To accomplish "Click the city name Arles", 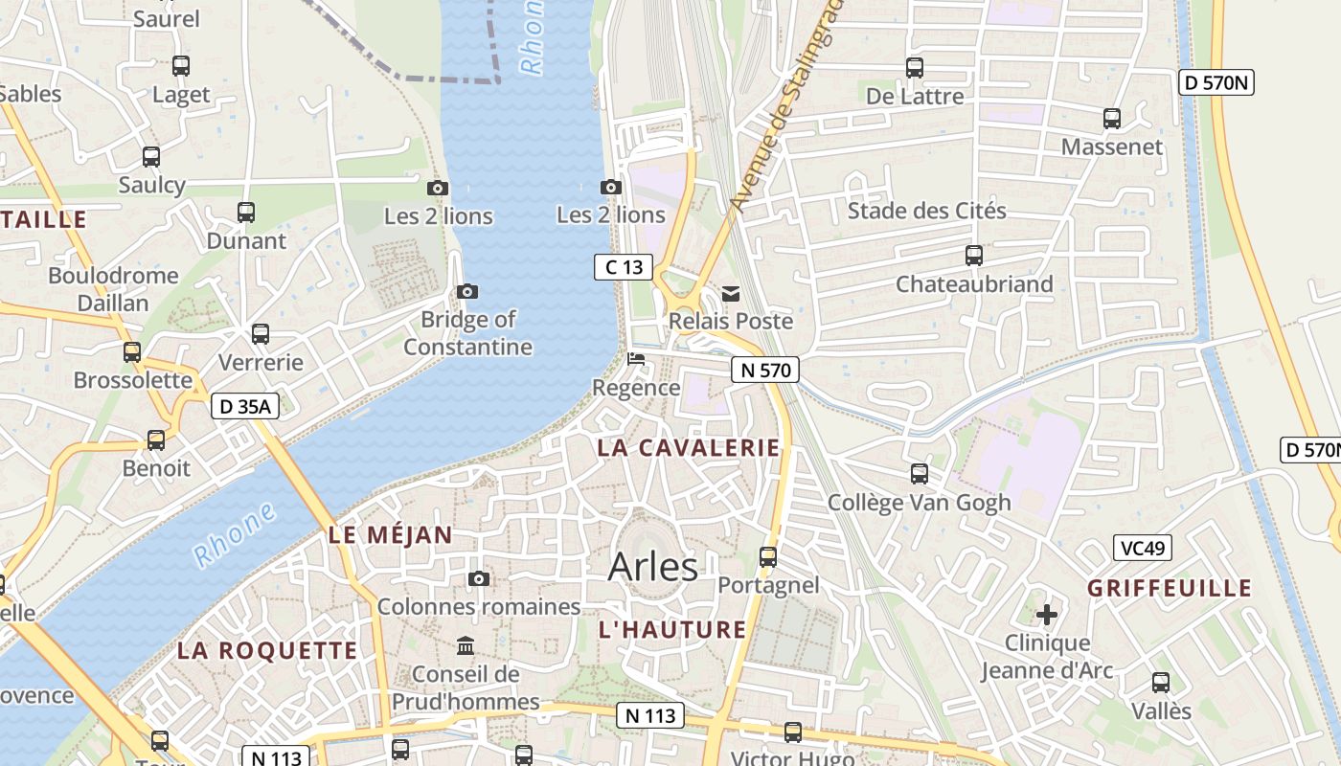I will [x=653, y=566].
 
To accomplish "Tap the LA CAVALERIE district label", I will [x=689, y=448].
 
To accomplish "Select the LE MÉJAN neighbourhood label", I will [x=390, y=535].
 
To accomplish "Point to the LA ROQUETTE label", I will [x=267, y=651].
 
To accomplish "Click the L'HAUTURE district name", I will [x=671, y=629].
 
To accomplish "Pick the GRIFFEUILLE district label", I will [x=1170, y=588].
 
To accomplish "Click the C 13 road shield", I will [x=624, y=267].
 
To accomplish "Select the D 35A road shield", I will [x=245, y=407].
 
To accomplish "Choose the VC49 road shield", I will [x=1143, y=549].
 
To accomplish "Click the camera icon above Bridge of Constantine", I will [x=467, y=292].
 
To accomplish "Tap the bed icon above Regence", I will [x=635, y=360].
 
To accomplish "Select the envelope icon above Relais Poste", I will [x=731, y=294].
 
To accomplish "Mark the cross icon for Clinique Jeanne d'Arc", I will [x=1047, y=614].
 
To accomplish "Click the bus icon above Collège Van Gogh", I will [x=920, y=474].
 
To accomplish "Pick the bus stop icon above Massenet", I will [x=1112, y=119].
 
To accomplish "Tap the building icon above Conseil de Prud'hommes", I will [x=466, y=646].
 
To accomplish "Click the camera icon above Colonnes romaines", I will [x=479, y=579].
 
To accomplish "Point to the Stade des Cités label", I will [x=926, y=211].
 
